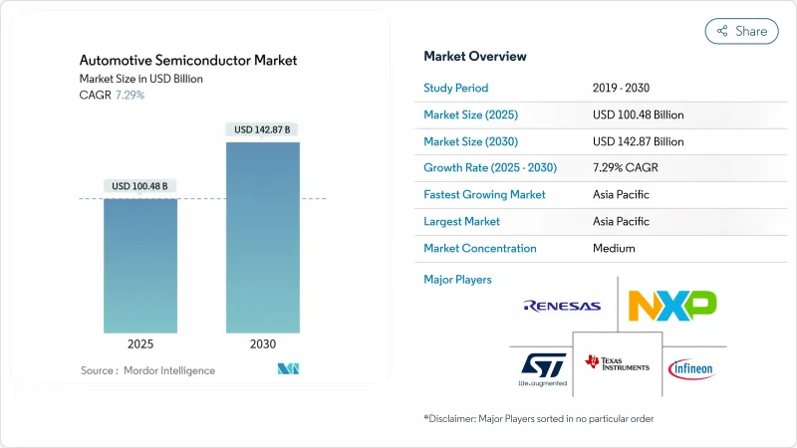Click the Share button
click(x=741, y=31)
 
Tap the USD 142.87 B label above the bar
click(x=263, y=129)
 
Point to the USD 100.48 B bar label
click(x=140, y=186)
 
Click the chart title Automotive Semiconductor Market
click(x=188, y=61)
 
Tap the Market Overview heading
click(x=475, y=57)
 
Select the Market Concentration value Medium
click(x=613, y=248)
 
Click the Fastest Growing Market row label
click(x=484, y=194)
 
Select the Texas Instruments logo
click(x=618, y=365)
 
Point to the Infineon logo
click(x=690, y=369)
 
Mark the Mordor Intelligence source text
click(x=147, y=370)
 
